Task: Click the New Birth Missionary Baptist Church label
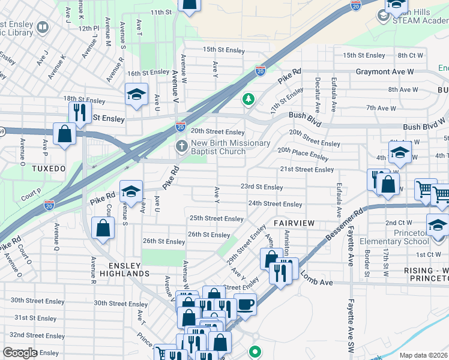click(x=218, y=147)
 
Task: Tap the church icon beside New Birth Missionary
click(x=181, y=146)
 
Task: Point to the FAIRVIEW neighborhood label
click(x=294, y=223)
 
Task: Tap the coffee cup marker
click(x=244, y=304)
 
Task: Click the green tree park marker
click(x=247, y=98)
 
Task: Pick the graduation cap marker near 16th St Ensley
click(x=136, y=94)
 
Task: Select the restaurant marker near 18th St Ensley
click(x=79, y=111)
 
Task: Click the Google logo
click(x=20, y=353)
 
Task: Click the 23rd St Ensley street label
click(x=261, y=187)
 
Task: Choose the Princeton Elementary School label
click(x=394, y=237)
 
